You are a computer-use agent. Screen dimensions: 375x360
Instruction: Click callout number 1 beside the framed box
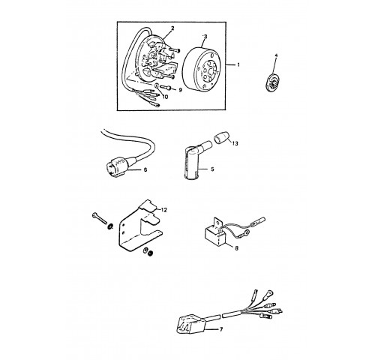[x=238, y=64]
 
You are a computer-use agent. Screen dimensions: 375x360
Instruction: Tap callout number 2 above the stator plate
[x=172, y=28]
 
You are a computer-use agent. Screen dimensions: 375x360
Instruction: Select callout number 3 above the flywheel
[x=205, y=37]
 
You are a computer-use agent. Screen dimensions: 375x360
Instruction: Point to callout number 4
[x=276, y=55]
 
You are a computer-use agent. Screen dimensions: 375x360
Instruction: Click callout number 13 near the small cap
[x=235, y=143]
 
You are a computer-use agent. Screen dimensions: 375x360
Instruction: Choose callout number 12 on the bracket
[x=163, y=210]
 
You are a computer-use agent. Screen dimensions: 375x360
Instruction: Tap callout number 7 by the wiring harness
[x=220, y=329]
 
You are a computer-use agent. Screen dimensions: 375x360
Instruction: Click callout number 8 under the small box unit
[x=236, y=248]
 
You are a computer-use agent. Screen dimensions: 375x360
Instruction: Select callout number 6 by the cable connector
[x=145, y=169]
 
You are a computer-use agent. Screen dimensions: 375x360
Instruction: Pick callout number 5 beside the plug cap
[x=212, y=169]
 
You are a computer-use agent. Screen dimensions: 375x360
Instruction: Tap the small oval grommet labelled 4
[x=272, y=82]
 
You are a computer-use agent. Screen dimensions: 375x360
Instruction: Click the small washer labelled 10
[x=156, y=85]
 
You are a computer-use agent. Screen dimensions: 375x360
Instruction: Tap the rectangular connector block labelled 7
[x=190, y=324]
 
